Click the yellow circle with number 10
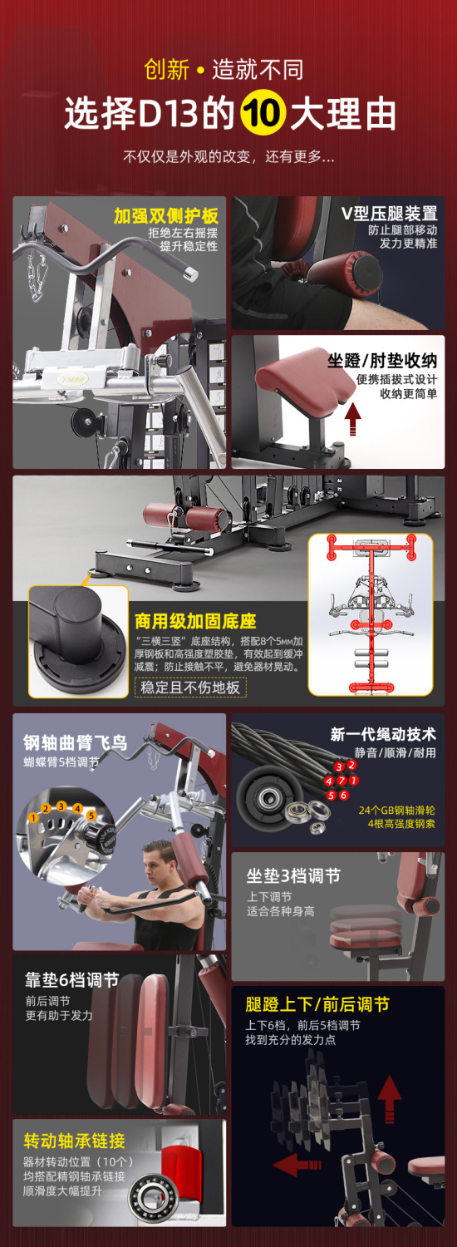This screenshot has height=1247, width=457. tap(263, 114)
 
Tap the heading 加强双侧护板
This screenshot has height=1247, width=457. tap(166, 215)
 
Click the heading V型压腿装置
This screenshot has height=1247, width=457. tap(389, 213)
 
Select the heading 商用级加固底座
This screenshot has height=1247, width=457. tap(195, 621)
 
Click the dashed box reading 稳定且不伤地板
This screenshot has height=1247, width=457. tap(189, 687)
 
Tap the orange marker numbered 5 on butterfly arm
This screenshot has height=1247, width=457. tap(91, 815)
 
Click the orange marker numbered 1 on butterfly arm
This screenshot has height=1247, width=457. tap(33, 818)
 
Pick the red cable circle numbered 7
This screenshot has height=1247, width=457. tap(342, 781)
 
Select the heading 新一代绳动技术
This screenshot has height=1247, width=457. tap(383, 734)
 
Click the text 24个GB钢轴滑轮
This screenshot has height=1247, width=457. tap(397, 810)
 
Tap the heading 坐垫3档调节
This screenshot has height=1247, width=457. tap(293, 875)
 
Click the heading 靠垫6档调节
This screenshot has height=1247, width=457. tap(71, 980)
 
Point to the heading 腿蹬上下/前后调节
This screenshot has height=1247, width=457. tap(317, 1004)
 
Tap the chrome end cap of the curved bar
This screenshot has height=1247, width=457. tap(191, 274)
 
